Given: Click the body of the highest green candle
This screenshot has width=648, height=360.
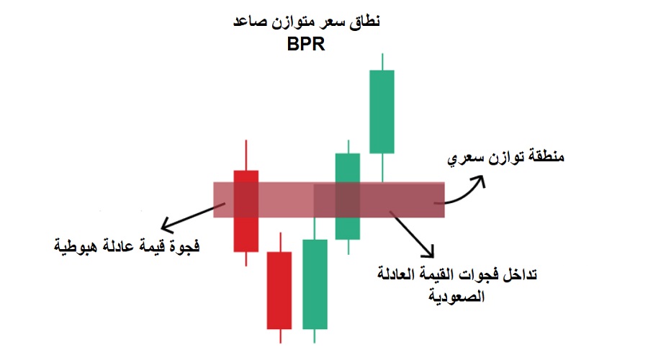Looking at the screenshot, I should (382, 111).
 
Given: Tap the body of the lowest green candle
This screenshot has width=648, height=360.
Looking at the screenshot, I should (315, 284).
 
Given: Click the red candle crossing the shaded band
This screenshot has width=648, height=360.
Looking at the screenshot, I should (246, 210).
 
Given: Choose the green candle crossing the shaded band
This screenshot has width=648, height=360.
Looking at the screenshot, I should (348, 195).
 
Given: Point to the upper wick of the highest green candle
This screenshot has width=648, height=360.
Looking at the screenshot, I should (382, 61).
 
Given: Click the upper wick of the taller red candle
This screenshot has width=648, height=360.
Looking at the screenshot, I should (246, 155).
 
